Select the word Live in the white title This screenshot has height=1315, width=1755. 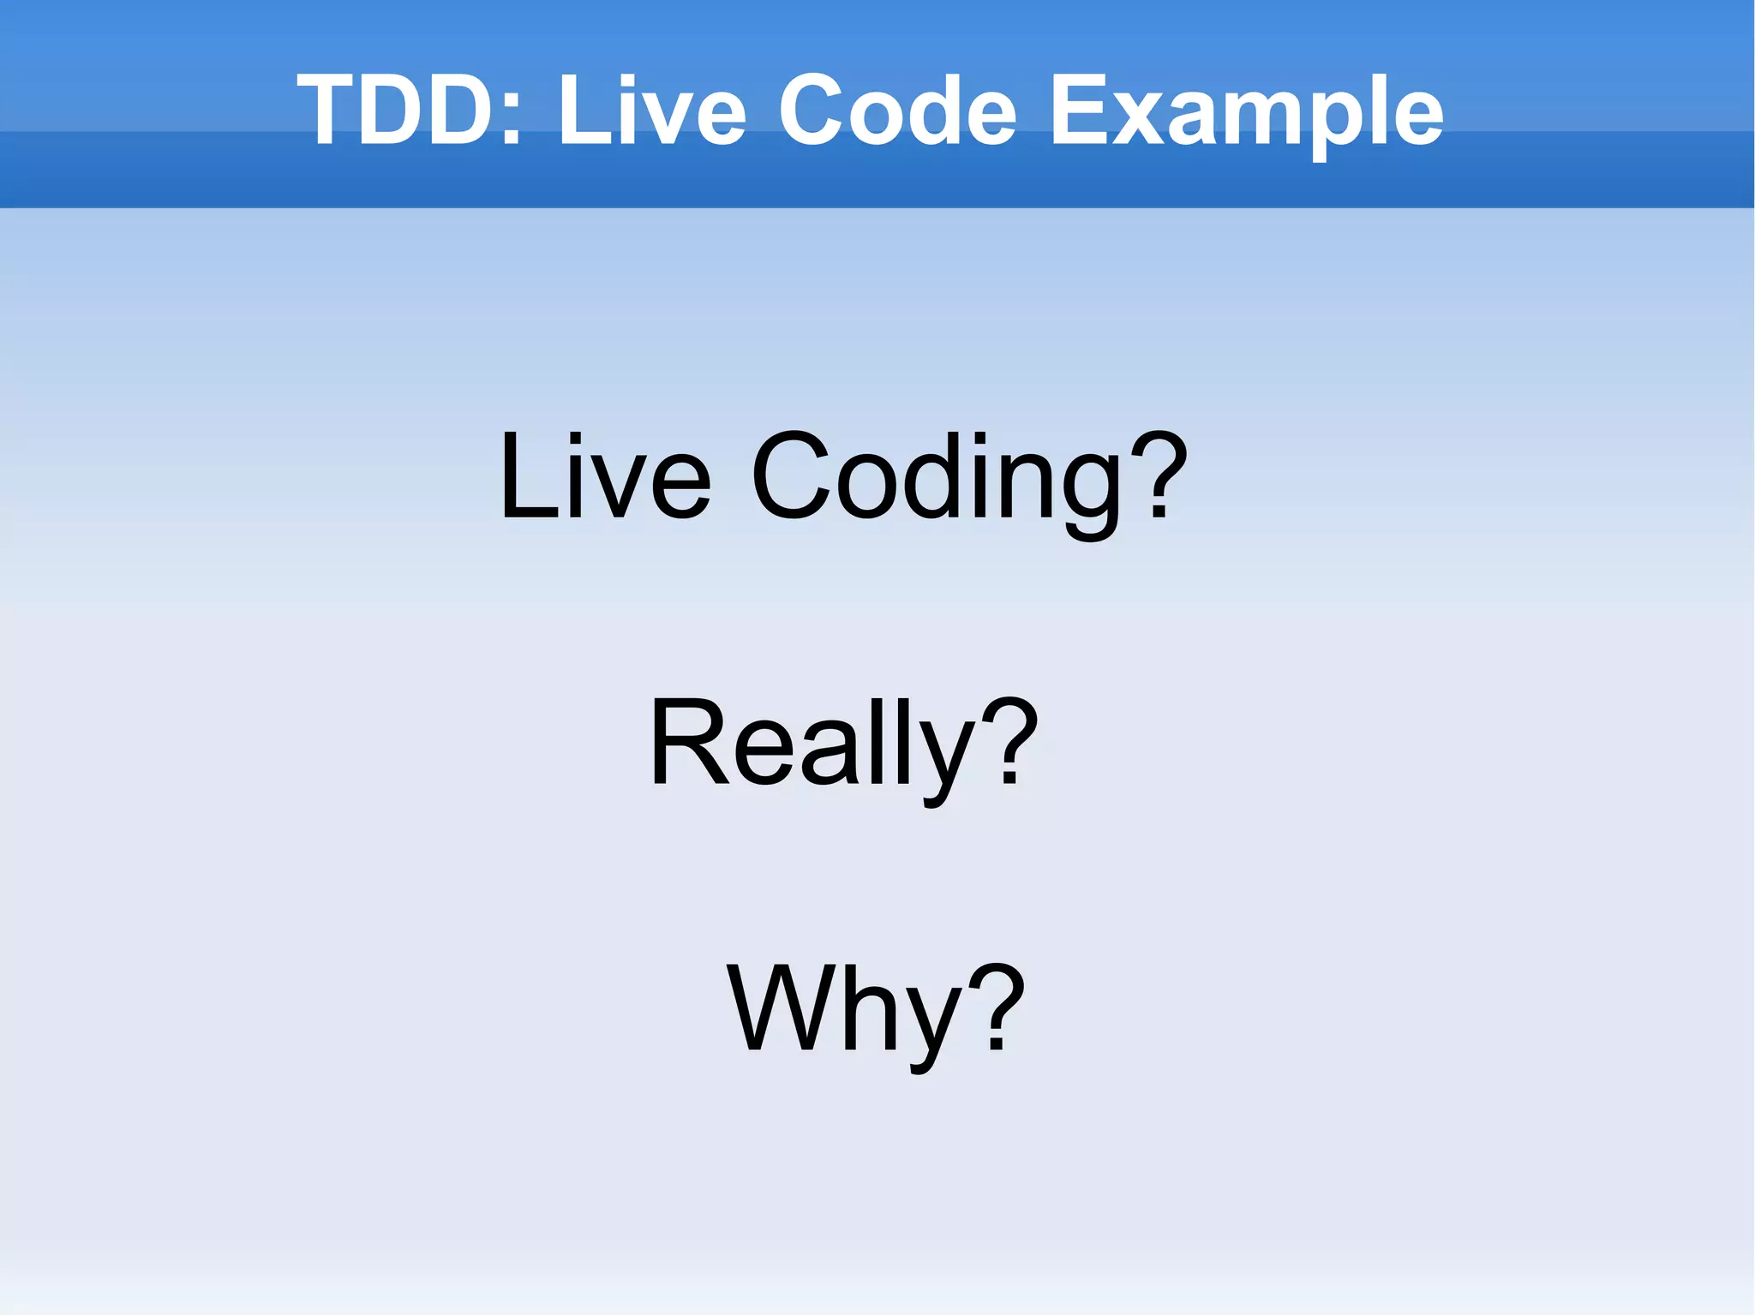coord(651,111)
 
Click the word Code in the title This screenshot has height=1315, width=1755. coord(896,111)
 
